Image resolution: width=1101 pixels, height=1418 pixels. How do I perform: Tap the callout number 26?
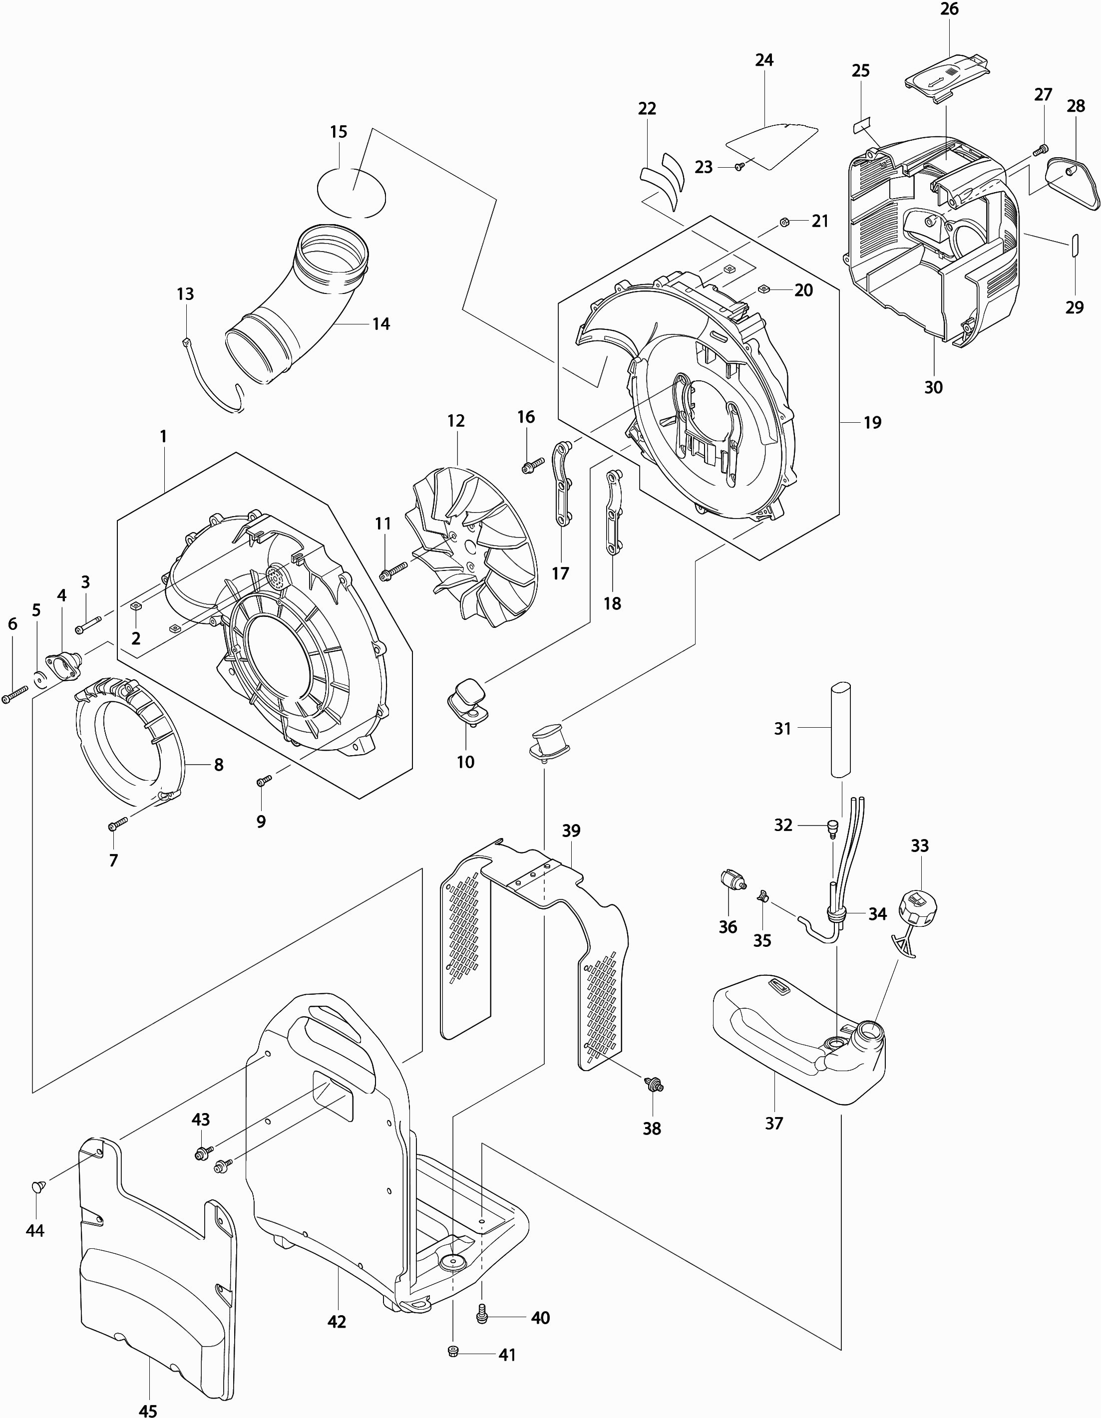(949, 10)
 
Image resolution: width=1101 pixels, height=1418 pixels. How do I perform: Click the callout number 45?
(148, 1408)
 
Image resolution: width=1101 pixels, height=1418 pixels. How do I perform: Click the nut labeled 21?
(783, 222)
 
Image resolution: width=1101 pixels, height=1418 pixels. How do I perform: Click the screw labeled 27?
(1039, 151)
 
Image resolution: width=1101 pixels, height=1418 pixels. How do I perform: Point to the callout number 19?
(872, 423)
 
